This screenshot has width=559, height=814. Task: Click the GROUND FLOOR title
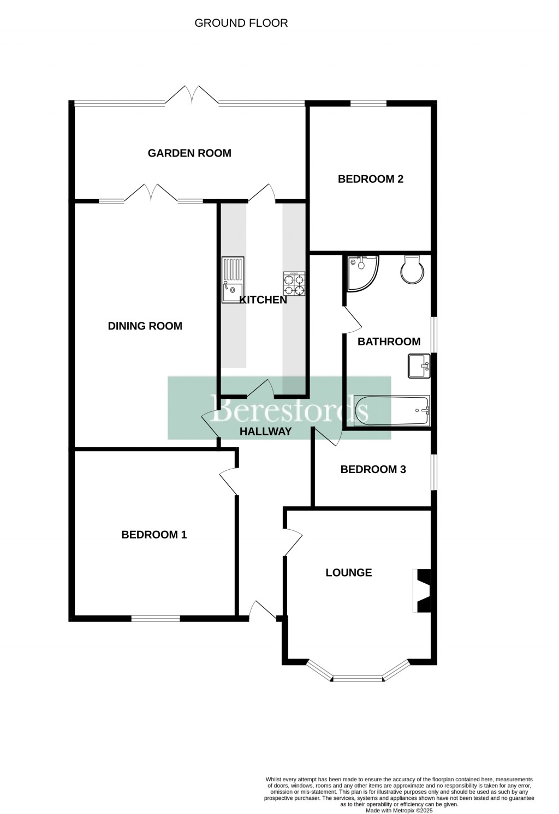[x=241, y=23]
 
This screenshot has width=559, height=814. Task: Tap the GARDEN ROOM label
[x=189, y=153]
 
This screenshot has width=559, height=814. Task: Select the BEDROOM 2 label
[x=370, y=179]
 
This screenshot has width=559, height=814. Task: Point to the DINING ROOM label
[x=145, y=326]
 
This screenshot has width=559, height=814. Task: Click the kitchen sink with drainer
[x=233, y=279]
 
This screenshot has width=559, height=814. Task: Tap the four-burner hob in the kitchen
[x=293, y=284]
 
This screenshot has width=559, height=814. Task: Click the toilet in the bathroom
[x=412, y=269]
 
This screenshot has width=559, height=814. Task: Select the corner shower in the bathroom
[x=360, y=271]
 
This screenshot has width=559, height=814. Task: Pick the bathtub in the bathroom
[x=391, y=411]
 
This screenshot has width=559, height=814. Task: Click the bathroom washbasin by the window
[x=419, y=366]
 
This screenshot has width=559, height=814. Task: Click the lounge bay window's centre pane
[x=358, y=679]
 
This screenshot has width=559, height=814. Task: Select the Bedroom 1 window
[x=155, y=618]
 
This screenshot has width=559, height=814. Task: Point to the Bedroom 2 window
[x=368, y=103]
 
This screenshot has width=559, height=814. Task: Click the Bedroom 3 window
[x=434, y=472]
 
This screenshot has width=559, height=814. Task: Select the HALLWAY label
[x=266, y=432]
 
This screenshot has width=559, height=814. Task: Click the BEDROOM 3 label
[x=373, y=469]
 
